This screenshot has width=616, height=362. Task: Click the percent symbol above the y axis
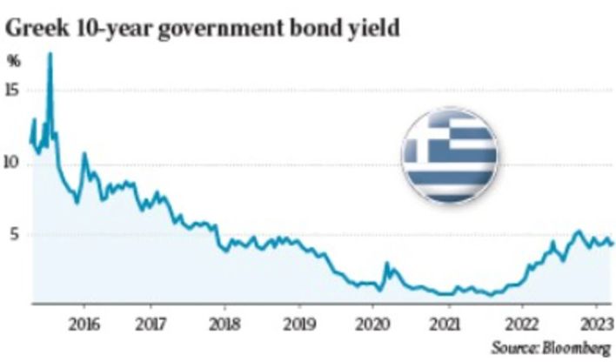14,61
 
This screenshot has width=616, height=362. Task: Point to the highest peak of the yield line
50,54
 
